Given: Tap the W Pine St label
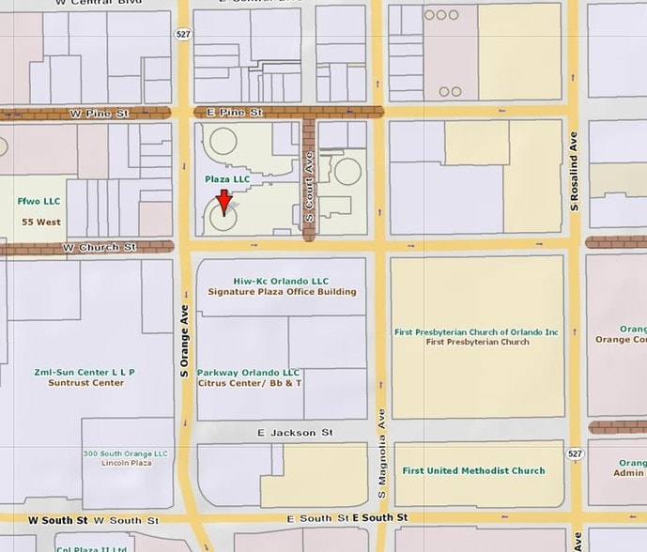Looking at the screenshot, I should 99,114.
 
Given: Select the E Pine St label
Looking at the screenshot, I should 226,113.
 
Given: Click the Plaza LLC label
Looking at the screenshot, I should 228,178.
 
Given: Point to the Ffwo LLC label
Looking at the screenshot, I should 38,201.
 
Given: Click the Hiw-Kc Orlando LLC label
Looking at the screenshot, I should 269,281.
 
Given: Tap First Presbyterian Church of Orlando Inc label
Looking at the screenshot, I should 477,331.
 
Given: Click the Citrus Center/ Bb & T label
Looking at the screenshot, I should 250,383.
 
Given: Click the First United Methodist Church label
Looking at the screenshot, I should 472,470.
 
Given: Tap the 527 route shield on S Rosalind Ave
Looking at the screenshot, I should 575,453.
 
